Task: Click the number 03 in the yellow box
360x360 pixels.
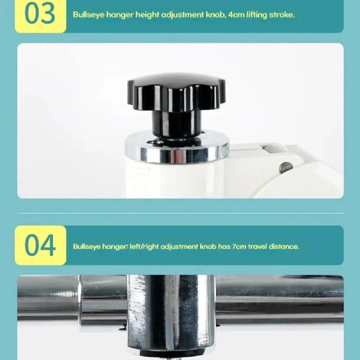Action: click(40, 14)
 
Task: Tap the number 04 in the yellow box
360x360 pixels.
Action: click(40, 245)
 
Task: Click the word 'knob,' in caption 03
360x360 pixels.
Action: click(216, 15)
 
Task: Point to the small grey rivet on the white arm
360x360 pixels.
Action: click(286, 168)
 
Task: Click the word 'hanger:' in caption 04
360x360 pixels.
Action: click(115, 247)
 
